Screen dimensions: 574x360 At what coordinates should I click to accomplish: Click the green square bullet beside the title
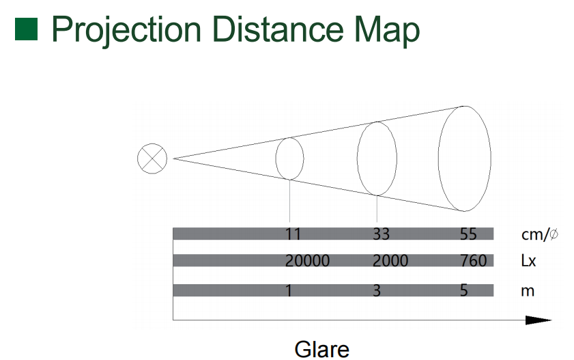pyautogui.click(x=26, y=29)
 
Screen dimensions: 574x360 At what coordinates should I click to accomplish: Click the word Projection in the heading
pyautogui.click(x=126, y=30)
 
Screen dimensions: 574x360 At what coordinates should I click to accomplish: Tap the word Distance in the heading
pyautogui.click(x=278, y=29)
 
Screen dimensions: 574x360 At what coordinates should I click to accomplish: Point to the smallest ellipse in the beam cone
pyautogui.click(x=276, y=158)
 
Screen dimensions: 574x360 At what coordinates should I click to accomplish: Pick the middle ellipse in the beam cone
pyautogui.click(x=357, y=158)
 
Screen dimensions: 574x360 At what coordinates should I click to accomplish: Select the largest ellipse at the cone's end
pyautogui.click(x=439, y=158)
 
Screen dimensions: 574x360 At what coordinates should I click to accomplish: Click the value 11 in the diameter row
pyautogui.click(x=293, y=234)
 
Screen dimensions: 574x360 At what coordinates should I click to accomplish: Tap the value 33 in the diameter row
pyautogui.click(x=381, y=234)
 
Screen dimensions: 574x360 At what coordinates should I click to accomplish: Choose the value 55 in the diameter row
pyautogui.click(x=468, y=234)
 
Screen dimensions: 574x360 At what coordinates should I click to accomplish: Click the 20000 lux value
pyautogui.click(x=308, y=261)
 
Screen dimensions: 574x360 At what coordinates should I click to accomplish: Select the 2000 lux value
pyautogui.click(x=390, y=261)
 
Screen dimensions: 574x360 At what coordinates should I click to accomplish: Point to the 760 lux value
pyautogui.click(x=474, y=261)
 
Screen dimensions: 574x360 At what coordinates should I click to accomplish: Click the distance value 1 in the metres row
pyautogui.click(x=289, y=291)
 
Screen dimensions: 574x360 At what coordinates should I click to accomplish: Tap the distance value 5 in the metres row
pyautogui.click(x=464, y=291)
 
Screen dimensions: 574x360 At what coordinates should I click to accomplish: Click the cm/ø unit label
pyautogui.click(x=540, y=234)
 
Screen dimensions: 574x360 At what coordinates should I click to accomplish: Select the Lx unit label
pyautogui.click(x=528, y=261)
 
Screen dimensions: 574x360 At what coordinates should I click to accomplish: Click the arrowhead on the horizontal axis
pyautogui.click(x=539, y=320)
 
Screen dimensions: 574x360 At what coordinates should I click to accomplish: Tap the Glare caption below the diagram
pyautogui.click(x=321, y=349)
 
